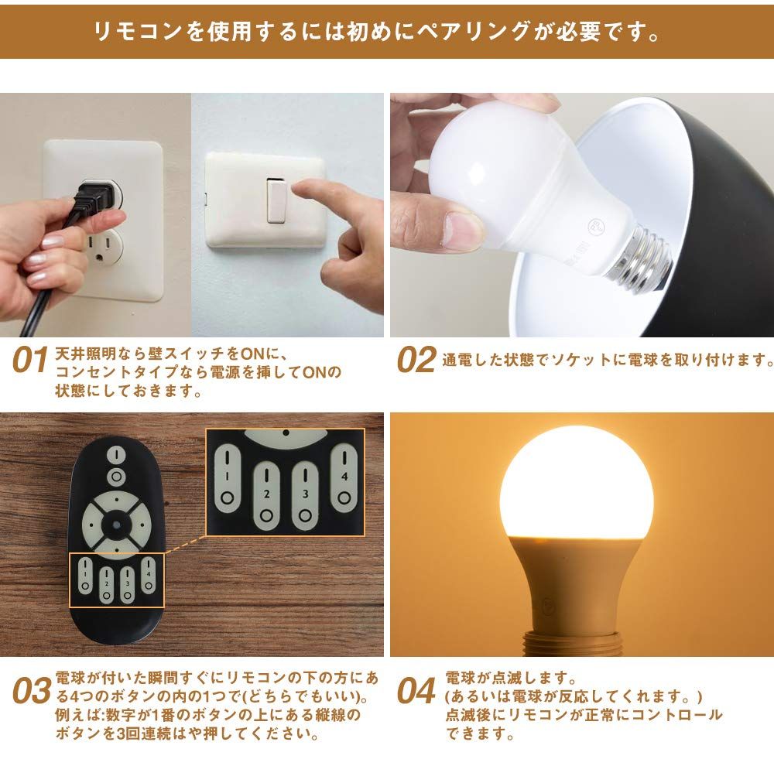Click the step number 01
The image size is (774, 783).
30,361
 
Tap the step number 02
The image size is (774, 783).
416,361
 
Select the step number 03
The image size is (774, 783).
32,691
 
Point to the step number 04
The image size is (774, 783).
416,691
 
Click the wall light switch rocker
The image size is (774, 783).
274,200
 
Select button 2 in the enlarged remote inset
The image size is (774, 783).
265,495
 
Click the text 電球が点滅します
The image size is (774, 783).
507,679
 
